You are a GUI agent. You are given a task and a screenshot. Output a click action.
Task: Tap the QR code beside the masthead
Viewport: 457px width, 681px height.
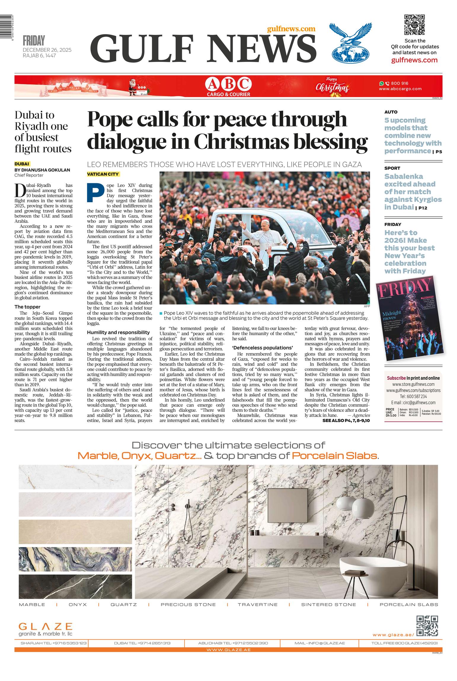coord(414,25)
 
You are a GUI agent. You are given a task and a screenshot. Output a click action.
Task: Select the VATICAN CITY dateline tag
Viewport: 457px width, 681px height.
coord(103,174)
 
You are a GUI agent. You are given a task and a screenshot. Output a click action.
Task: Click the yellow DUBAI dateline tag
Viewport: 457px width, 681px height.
coord(22,164)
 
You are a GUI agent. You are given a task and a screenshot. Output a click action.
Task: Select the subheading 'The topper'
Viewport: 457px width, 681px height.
coord(27,307)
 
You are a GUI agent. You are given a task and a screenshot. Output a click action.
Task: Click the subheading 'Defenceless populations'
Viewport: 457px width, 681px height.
coord(262,347)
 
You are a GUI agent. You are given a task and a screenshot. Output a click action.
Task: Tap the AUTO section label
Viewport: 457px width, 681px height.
coord(391,112)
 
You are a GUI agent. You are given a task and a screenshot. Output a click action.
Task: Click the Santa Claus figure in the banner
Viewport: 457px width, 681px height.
coord(133,86)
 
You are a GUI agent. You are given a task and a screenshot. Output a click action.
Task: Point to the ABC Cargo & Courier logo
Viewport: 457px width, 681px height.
coord(228,86)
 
